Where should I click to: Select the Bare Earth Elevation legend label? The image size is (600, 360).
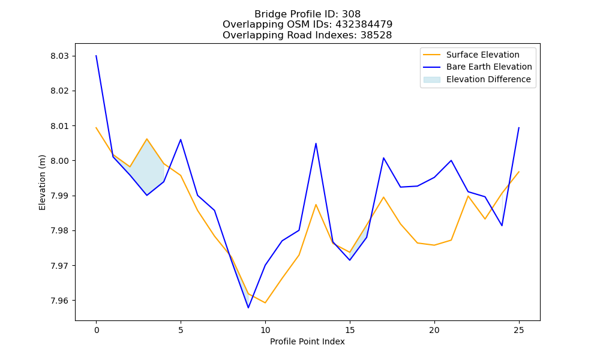point(489,67)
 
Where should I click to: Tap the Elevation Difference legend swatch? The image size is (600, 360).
point(431,80)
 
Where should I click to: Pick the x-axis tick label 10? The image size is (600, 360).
point(265,330)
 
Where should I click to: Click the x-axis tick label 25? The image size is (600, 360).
point(519,330)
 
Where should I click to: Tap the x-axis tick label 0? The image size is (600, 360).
point(96,330)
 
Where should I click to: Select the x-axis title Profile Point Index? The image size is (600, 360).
point(307,341)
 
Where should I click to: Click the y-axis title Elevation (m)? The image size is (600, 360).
point(42,182)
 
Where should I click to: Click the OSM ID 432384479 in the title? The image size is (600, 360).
point(364,25)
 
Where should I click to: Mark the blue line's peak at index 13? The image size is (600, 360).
point(316,143)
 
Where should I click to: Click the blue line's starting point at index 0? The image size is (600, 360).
point(96,56)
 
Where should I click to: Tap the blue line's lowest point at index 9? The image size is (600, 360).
point(248,308)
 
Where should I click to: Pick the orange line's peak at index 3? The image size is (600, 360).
point(146,139)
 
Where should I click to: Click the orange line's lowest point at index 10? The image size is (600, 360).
point(265,302)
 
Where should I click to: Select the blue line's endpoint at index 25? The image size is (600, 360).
point(519,128)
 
